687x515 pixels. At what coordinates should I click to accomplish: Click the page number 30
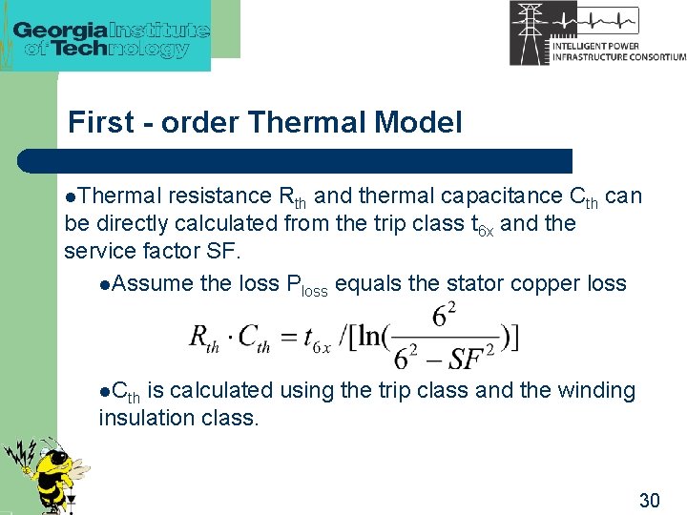(649, 500)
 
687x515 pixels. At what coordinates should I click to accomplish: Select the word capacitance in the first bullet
(502, 196)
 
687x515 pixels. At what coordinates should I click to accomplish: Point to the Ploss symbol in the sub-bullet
(306, 285)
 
